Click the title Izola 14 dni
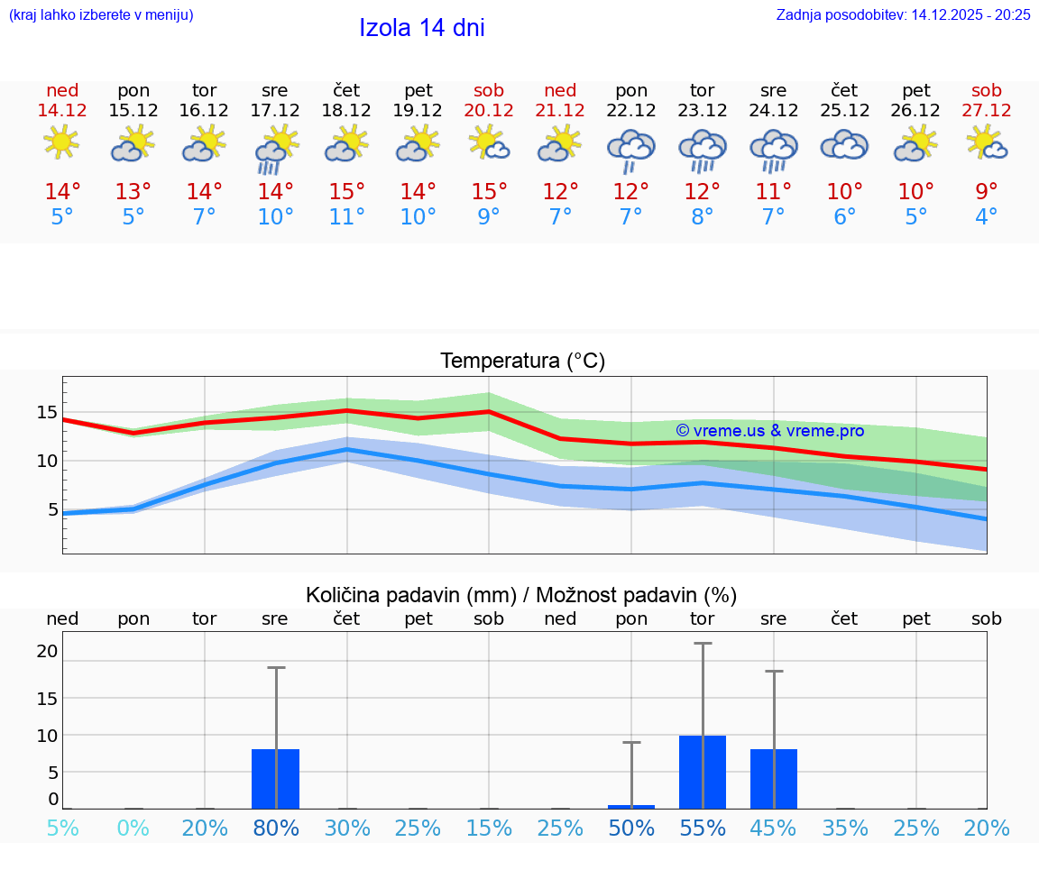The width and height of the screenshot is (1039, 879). (x=422, y=28)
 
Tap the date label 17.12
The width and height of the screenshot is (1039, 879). (x=275, y=110)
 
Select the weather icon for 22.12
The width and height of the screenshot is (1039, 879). (x=631, y=149)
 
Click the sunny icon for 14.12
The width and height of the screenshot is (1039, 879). (x=61, y=142)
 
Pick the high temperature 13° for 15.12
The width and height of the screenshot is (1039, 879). (x=133, y=192)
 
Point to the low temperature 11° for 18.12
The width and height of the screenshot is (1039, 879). (x=346, y=217)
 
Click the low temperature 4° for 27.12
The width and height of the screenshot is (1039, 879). (x=986, y=217)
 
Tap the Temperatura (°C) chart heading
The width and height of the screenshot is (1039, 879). (x=522, y=362)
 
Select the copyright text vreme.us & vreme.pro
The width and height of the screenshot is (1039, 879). (x=769, y=431)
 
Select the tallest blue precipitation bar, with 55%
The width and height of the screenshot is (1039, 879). (x=703, y=772)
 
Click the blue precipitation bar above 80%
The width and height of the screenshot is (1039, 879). (x=275, y=779)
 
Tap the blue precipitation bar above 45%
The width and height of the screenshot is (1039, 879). (x=773, y=779)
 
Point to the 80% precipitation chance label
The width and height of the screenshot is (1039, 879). (x=275, y=828)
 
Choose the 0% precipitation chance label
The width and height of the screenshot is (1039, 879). (x=133, y=828)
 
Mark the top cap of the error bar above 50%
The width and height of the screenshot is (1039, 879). (x=631, y=742)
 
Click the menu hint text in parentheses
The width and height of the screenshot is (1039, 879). (x=100, y=14)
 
